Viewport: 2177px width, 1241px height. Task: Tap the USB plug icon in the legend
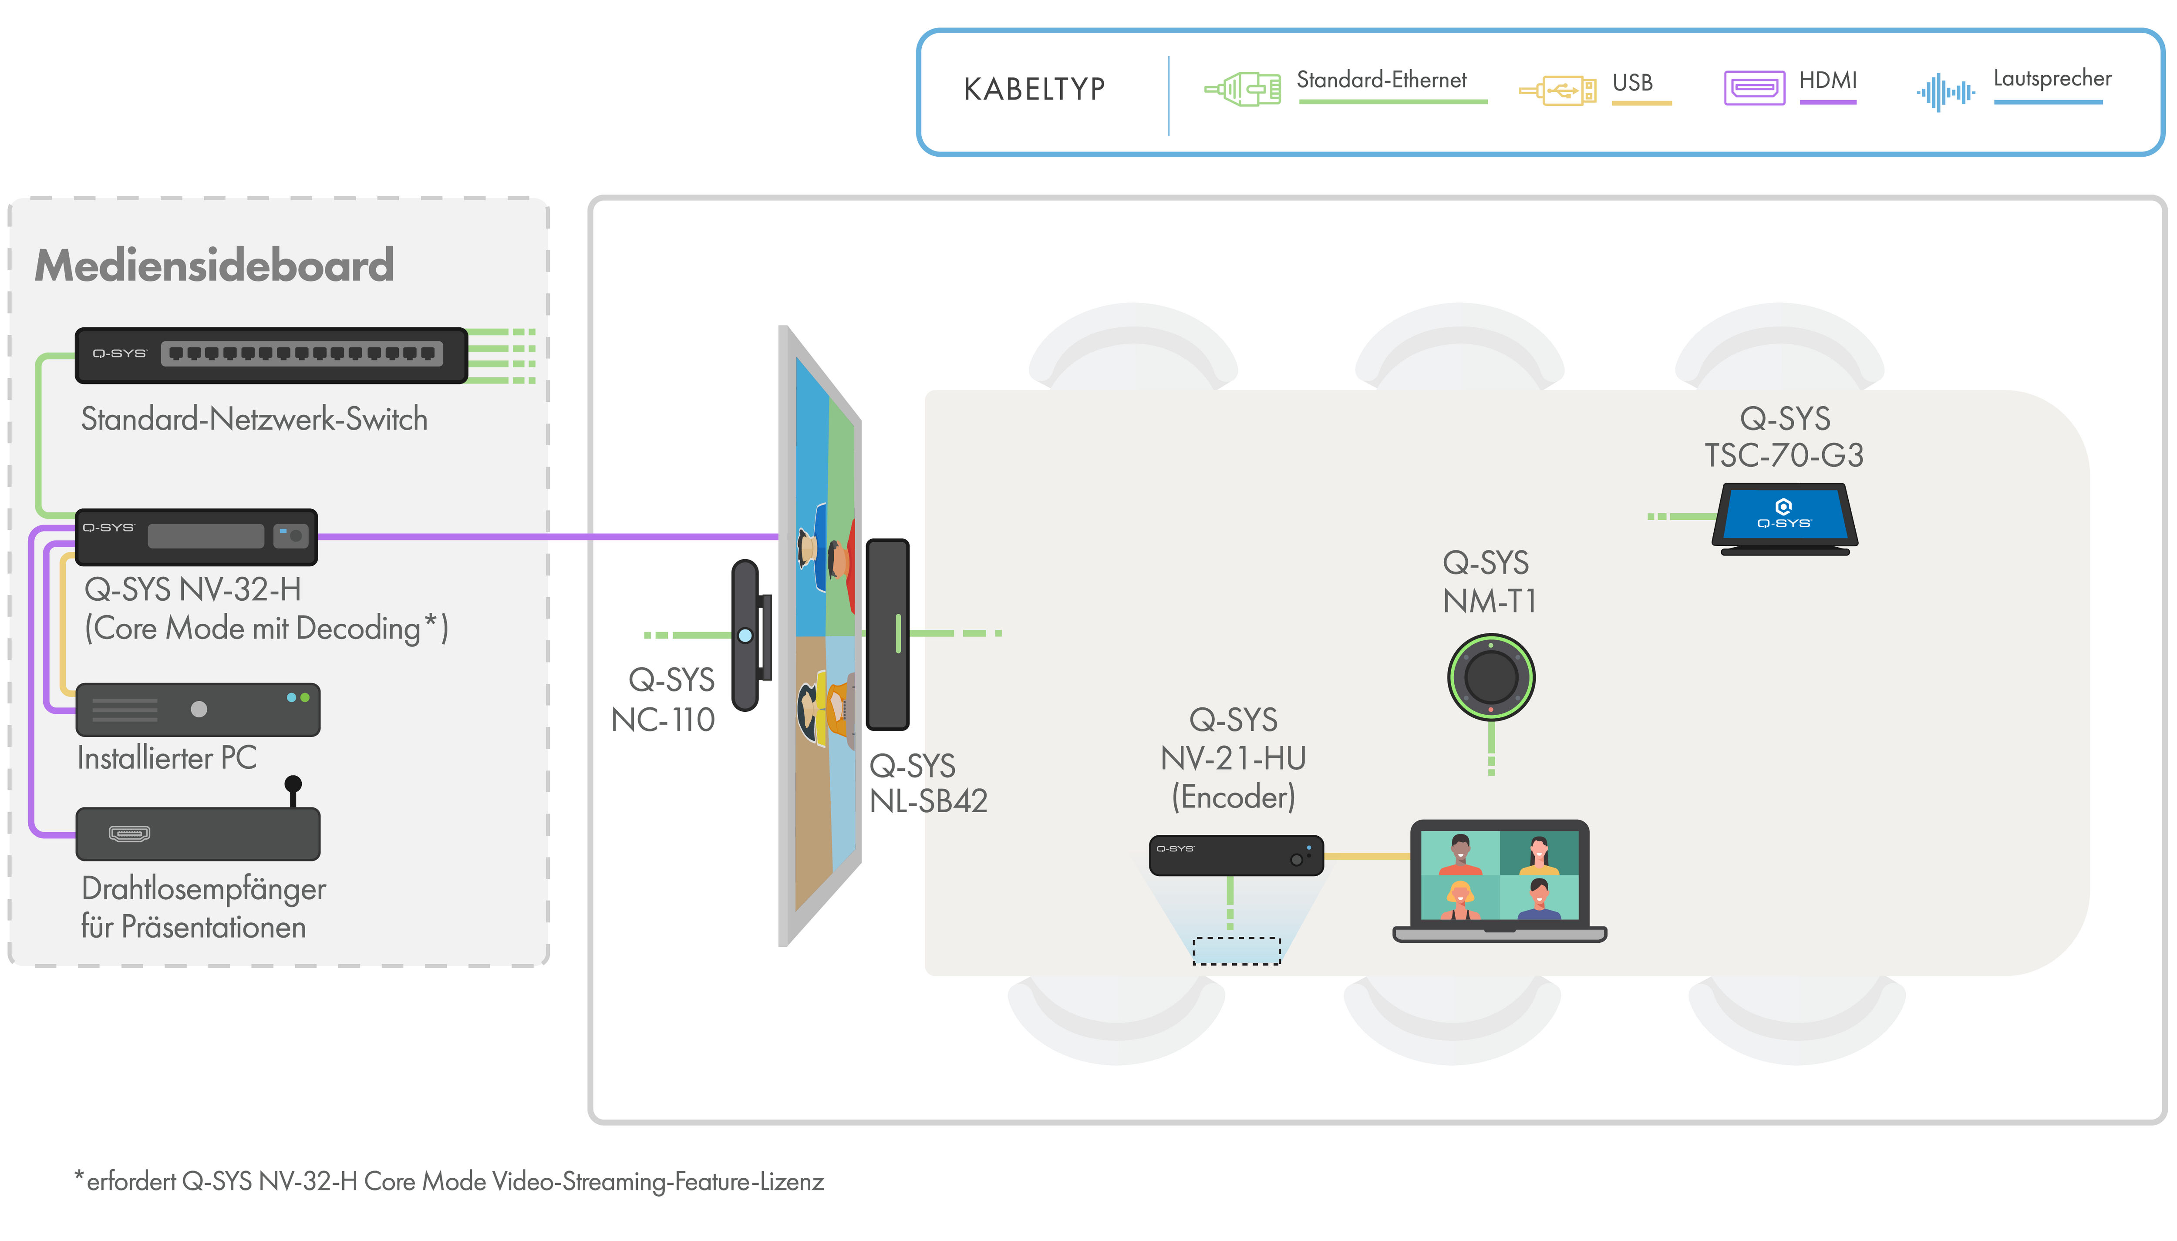click(1557, 90)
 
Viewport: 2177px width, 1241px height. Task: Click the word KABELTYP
click(1034, 89)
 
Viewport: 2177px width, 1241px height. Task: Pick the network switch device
click(271, 355)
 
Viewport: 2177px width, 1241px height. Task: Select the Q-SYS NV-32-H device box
click(196, 537)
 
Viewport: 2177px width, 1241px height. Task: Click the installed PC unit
click(198, 709)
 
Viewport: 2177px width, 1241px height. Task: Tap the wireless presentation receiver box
click(198, 834)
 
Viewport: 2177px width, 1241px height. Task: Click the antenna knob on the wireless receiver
click(293, 784)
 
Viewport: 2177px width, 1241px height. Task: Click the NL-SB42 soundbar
click(887, 634)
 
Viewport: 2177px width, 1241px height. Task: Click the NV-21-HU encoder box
click(1236, 855)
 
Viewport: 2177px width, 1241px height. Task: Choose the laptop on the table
click(1500, 881)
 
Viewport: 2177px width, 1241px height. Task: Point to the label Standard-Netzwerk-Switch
click(254, 419)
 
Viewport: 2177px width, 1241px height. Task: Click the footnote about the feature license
click(449, 1181)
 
